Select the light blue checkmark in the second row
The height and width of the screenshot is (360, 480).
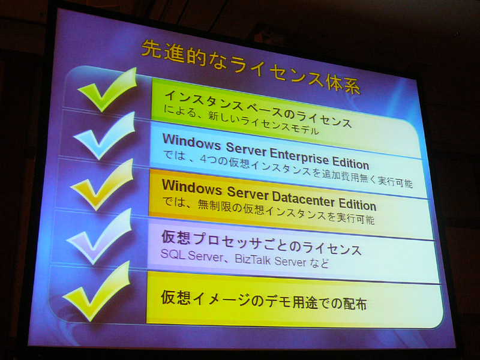point(104,137)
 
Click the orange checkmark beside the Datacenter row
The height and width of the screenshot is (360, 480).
point(103,186)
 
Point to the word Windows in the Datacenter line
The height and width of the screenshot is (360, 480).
point(192,186)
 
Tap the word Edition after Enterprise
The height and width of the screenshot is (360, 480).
point(351,162)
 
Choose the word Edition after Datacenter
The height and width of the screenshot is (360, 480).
point(358,205)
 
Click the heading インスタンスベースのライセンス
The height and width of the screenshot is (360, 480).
point(258,109)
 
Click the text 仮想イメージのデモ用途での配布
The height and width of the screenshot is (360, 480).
point(264,301)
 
